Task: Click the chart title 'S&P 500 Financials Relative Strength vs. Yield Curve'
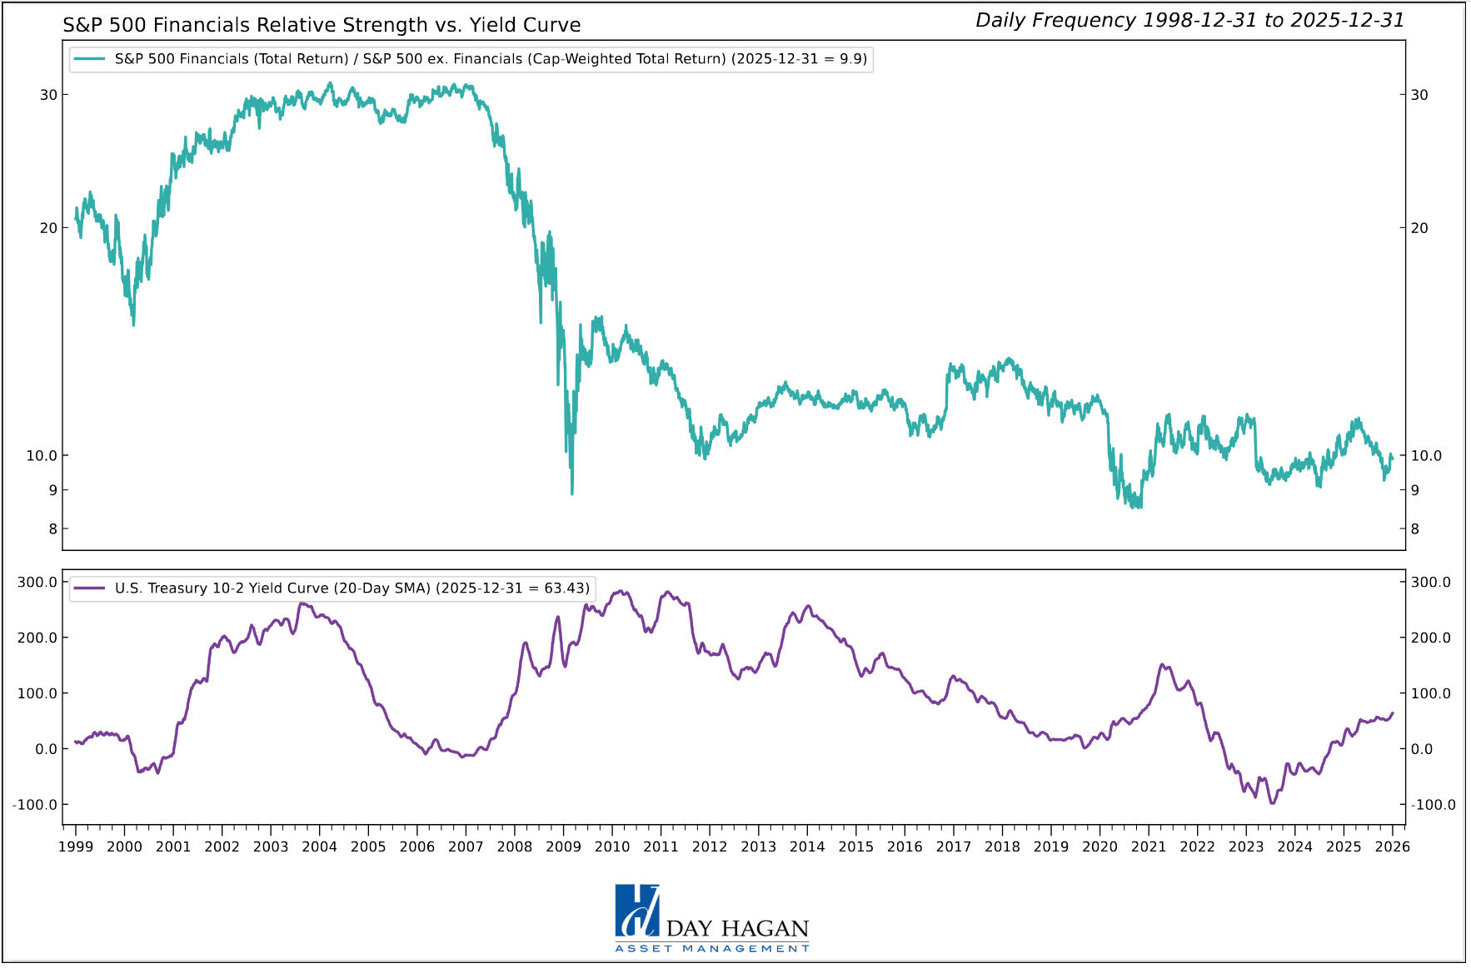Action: pyautogui.click(x=322, y=25)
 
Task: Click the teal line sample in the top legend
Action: pyautogui.click(x=89, y=59)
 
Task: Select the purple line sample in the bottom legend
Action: pyautogui.click(x=89, y=588)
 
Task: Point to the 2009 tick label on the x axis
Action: pyautogui.click(x=563, y=846)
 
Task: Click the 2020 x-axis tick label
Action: pyautogui.click(x=1100, y=846)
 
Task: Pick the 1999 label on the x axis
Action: pyautogui.click(x=76, y=846)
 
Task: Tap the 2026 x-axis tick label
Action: pyautogui.click(x=1393, y=846)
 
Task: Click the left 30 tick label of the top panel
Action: pyautogui.click(x=48, y=95)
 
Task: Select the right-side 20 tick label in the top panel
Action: pyautogui.click(x=1419, y=228)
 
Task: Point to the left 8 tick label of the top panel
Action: pyautogui.click(x=52, y=529)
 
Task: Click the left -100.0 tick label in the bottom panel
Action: pyautogui.click(x=34, y=805)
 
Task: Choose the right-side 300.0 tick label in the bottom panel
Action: pyautogui.click(x=1430, y=583)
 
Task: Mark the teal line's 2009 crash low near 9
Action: pyautogui.click(x=572, y=494)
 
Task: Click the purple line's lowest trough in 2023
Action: pyautogui.click(x=1272, y=802)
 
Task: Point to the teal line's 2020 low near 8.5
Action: pyautogui.click(x=1138, y=507)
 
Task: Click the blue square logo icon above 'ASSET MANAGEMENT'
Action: pyautogui.click(x=637, y=911)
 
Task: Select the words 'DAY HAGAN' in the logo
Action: pyautogui.click(x=738, y=929)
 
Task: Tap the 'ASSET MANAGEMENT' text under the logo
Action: pyautogui.click(x=712, y=949)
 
